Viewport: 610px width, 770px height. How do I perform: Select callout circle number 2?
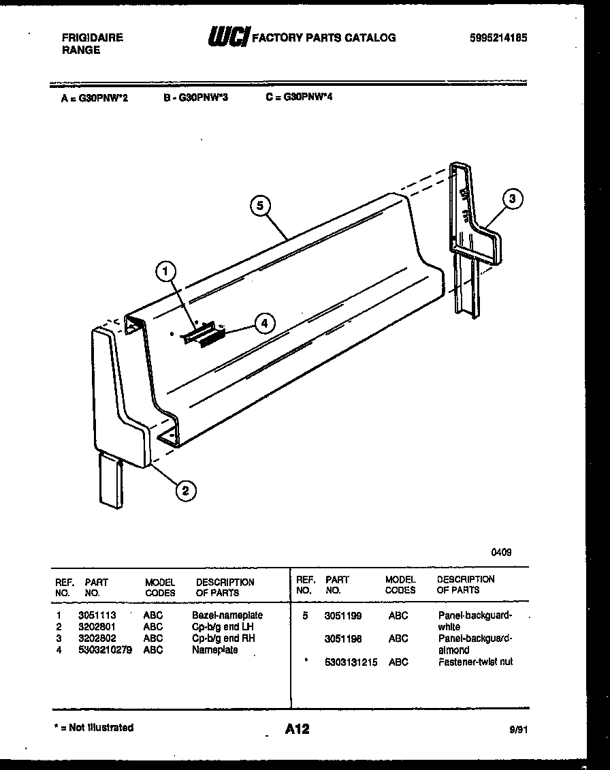point(185,489)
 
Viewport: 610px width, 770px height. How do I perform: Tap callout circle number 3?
point(513,199)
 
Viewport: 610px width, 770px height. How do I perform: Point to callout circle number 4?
point(265,324)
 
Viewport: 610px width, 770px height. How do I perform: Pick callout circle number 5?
point(259,204)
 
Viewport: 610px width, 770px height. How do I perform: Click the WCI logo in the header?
point(229,37)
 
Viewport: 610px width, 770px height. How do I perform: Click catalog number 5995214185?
point(498,38)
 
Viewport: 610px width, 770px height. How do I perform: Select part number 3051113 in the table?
point(97,615)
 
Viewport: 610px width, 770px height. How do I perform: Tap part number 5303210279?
point(106,650)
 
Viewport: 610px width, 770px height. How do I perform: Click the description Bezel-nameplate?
point(227,615)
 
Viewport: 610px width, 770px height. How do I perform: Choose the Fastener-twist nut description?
point(475,662)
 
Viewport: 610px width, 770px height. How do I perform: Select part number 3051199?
point(343,615)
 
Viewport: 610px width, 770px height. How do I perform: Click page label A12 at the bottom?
point(297,729)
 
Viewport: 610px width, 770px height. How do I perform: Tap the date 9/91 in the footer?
point(518,729)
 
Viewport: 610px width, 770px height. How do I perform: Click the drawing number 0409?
point(501,553)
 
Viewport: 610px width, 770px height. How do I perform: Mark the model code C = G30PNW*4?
point(299,97)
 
